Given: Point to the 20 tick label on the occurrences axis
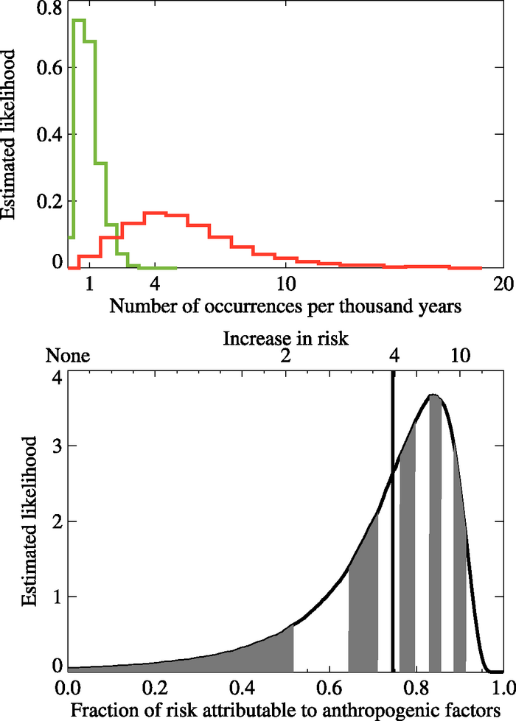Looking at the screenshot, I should coord(503,285).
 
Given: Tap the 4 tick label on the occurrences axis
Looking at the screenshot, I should coord(154,285).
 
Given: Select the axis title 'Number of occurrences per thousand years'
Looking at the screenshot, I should coord(285,306).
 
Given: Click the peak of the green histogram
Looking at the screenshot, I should coord(79,20).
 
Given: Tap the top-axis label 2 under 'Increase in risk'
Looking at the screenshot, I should coord(285,356).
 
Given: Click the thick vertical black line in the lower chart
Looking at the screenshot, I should coord(393,516).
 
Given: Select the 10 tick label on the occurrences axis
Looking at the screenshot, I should coord(285,285).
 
